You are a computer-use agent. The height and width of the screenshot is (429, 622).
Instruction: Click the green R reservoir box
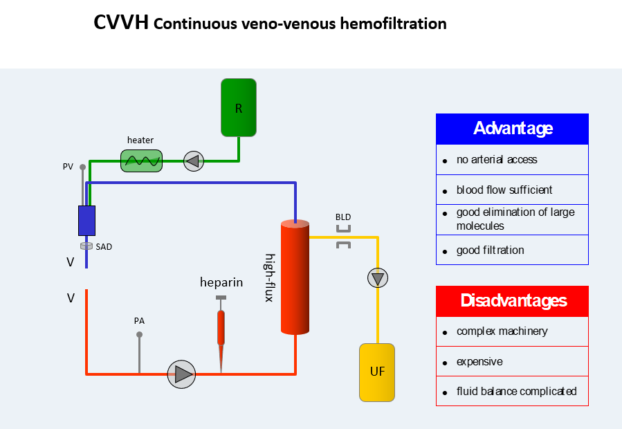(x=239, y=107)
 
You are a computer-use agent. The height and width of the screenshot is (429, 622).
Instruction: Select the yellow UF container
(x=377, y=372)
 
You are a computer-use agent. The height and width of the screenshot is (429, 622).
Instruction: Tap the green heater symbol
(x=141, y=161)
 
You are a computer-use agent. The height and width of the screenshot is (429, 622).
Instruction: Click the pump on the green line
(x=193, y=161)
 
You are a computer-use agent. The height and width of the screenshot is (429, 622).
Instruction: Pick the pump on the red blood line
(x=182, y=374)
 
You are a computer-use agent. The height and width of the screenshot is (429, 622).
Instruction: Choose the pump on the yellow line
(x=377, y=278)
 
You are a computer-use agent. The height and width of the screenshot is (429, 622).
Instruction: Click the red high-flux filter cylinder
(x=295, y=277)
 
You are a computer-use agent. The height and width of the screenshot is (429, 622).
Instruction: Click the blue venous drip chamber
(x=86, y=220)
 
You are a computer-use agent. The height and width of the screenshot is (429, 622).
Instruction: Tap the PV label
(x=68, y=167)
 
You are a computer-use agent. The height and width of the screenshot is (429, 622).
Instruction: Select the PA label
(x=139, y=321)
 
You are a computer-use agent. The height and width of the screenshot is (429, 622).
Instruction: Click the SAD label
(x=104, y=246)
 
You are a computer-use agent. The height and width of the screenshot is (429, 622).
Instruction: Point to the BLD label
(x=343, y=217)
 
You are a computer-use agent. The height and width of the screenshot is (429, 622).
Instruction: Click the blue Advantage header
(x=512, y=129)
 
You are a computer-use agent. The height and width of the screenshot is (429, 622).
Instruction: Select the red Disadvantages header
(x=512, y=301)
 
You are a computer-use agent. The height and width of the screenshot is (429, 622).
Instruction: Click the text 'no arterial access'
(x=497, y=160)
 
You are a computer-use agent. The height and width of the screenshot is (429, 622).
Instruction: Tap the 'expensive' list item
(x=479, y=362)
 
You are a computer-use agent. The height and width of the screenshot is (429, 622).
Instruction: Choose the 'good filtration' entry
(x=490, y=250)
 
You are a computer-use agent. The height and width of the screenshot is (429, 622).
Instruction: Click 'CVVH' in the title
(x=120, y=24)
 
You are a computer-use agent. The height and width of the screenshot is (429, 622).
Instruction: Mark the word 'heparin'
(x=221, y=282)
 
